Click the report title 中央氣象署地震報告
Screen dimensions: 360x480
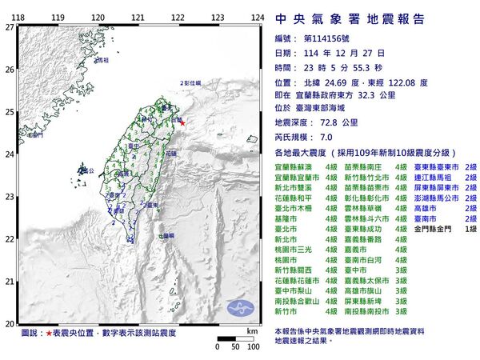click(349, 18)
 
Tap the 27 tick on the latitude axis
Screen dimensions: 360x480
click(9, 26)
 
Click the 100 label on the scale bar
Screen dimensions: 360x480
click(253, 346)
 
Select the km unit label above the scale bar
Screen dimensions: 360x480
click(252, 330)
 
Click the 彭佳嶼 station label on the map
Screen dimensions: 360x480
click(191, 82)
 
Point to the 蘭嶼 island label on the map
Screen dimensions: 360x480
click(166, 235)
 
